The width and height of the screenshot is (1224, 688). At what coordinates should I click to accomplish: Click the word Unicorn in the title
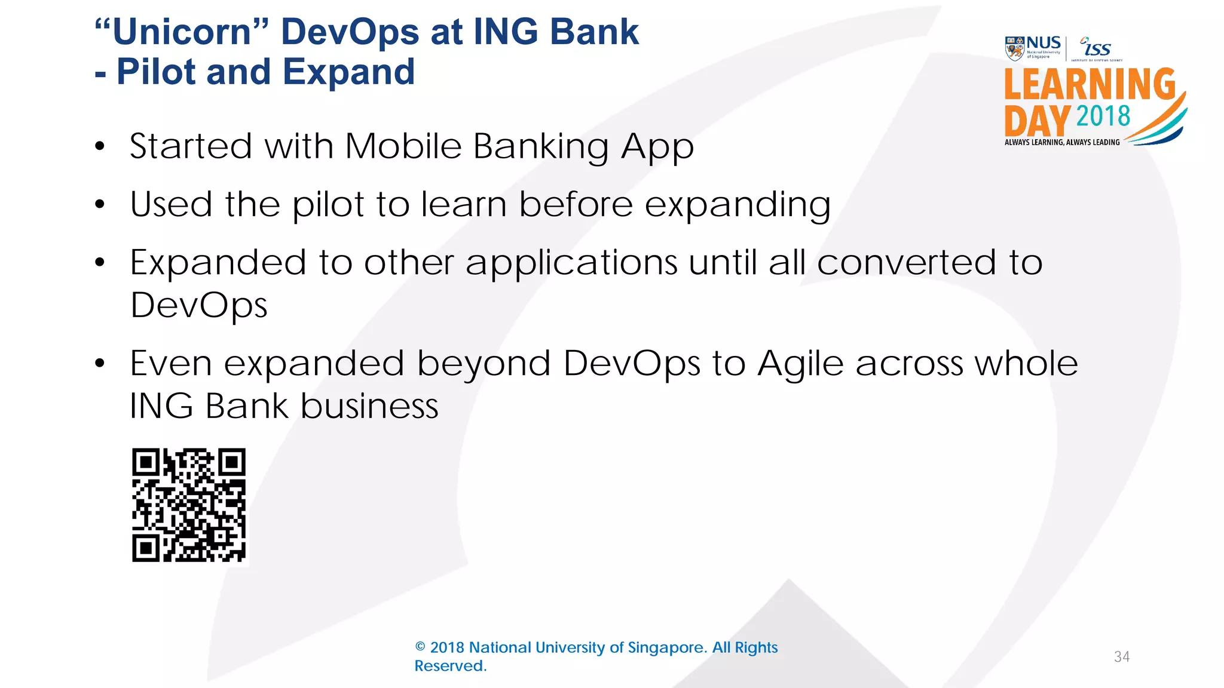[182, 32]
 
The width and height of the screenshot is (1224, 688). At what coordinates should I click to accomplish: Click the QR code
[189, 505]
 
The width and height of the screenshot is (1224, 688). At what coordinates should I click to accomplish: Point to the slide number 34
[1122, 657]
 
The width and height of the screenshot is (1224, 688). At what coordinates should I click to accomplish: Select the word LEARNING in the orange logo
[1090, 84]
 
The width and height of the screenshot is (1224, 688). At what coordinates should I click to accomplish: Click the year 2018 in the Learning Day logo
[1103, 116]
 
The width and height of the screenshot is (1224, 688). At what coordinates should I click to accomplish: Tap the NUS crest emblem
[1015, 48]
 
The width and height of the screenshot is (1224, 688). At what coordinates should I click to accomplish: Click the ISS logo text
[1097, 48]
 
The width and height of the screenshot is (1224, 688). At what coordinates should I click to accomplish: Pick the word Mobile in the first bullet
[403, 146]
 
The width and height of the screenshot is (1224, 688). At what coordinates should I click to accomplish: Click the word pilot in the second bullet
[328, 205]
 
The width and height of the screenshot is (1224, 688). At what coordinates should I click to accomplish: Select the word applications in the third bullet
[571, 263]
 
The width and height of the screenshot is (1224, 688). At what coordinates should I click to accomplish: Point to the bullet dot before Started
[100, 146]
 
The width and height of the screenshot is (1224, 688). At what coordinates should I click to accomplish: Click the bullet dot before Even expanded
[100, 363]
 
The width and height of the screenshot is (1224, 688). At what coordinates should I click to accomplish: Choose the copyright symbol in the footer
[420, 647]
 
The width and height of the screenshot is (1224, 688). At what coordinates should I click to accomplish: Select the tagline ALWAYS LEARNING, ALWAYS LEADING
[1062, 142]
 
